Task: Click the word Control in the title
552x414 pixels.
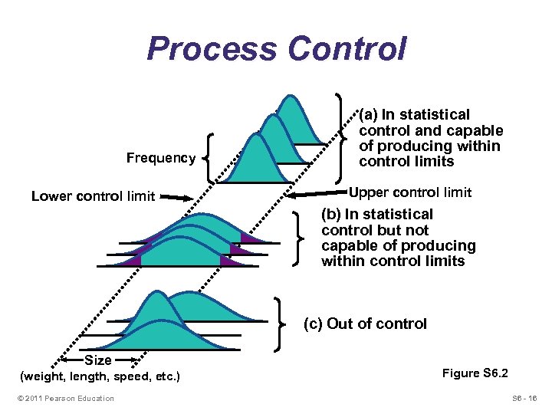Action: (x=347, y=49)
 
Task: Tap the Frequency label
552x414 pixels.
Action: (x=161, y=158)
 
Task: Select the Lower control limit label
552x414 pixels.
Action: (x=93, y=196)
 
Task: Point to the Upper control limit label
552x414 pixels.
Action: (x=410, y=192)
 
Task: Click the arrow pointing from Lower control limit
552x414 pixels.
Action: (x=179, y=197)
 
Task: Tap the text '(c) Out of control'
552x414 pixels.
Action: (x=365, y=324)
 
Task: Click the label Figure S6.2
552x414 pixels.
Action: (x=475, y=373)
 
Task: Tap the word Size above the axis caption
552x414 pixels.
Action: (x=99, y=360)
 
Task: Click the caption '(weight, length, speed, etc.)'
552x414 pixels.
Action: (x=100, y=376)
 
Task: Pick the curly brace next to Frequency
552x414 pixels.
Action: (x=209, y=157)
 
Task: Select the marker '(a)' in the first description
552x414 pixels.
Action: (x=370, y=114)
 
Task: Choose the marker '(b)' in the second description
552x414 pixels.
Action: (x=333, y=214)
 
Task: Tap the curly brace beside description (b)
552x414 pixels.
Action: (x=299, y=237)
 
